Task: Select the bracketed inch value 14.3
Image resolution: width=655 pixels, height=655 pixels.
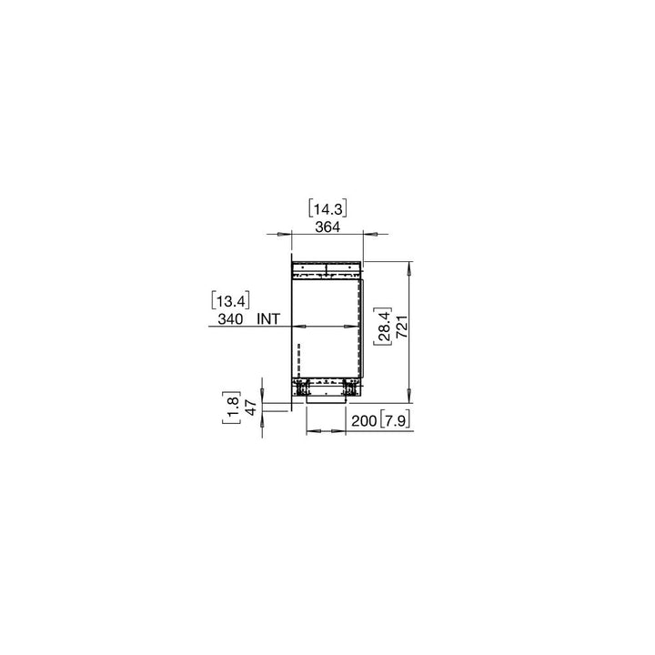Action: coord(327,207)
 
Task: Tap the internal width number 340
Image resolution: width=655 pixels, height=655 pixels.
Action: coord(231,319)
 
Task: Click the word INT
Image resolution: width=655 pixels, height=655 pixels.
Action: coord(269,319)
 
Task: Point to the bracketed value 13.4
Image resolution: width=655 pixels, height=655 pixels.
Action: coord(230,299)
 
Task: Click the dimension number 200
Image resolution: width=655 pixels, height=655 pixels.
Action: coord(362,420)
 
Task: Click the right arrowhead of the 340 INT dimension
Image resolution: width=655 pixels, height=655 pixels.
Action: coord(355,327)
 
